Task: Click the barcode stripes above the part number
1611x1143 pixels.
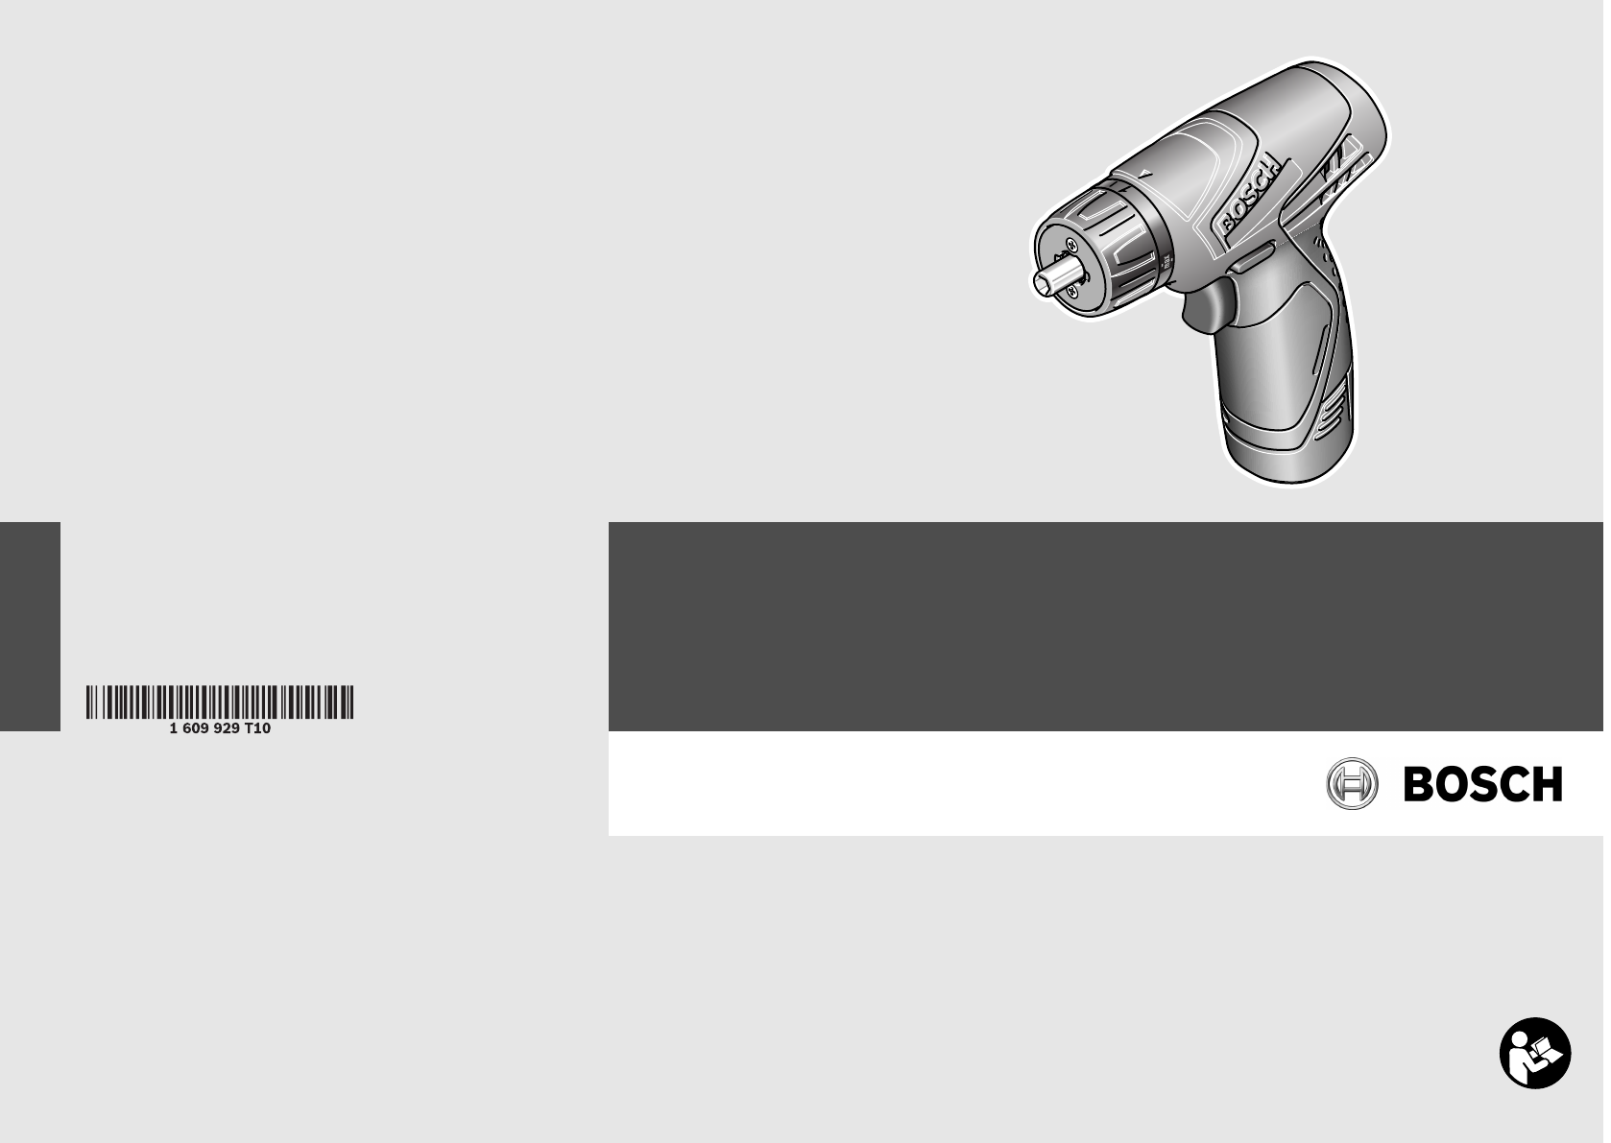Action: [x=220, y=702]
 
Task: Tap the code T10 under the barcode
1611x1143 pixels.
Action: [x=257, y=728]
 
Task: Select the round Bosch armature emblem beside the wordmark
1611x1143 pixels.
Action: [x=1352, y=783]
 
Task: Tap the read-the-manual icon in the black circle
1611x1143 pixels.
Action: [x=1535, y=1053]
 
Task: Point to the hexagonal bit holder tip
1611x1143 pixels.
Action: [x=1057, y=276]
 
